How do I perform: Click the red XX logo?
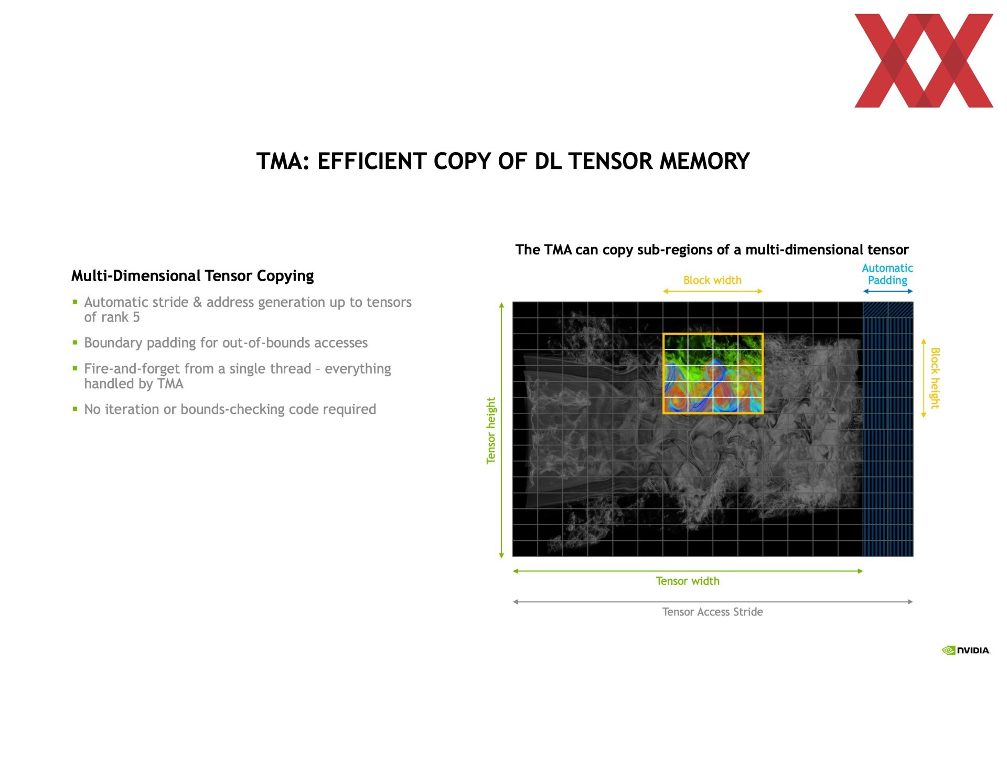tap(924, 60)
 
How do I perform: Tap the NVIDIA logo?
tap(966, 651)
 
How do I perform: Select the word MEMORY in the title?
tap(704, 161)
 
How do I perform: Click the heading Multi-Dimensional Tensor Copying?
tap(192, 276)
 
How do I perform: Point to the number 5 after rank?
tap(136, 317)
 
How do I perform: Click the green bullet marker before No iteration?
tap(75, 409)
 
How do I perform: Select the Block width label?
tap(712, 280)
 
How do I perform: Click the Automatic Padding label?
tap(887, 274)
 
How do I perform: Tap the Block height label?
tap(935, 378)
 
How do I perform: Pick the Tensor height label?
tap(491, 430)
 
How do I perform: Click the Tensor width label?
tap(688, 581)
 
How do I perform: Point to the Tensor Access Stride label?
tap(712, 612)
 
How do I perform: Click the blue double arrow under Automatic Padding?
tap(888, 291)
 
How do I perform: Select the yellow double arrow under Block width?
tap(713, 291)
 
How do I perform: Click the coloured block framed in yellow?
tap(713, 374)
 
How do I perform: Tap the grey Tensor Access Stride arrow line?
tap(713, 602)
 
